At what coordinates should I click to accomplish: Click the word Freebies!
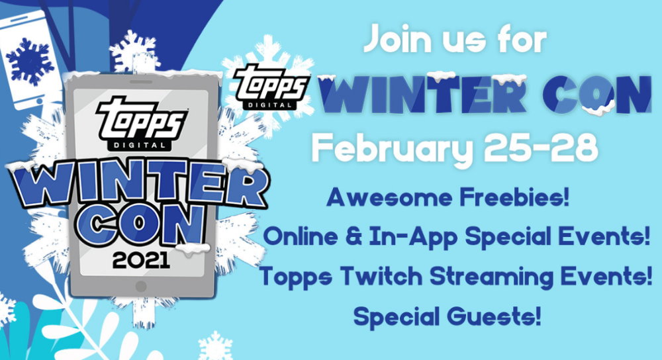click(514, 197)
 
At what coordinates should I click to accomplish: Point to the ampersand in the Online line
click(353, 236)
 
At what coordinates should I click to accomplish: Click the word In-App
click(413, 237)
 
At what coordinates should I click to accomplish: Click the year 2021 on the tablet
click(141, 260)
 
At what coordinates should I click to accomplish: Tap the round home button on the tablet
click(141, 286)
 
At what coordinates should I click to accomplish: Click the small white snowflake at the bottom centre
click(215, 345)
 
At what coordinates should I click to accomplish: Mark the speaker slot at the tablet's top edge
click(141, 82)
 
